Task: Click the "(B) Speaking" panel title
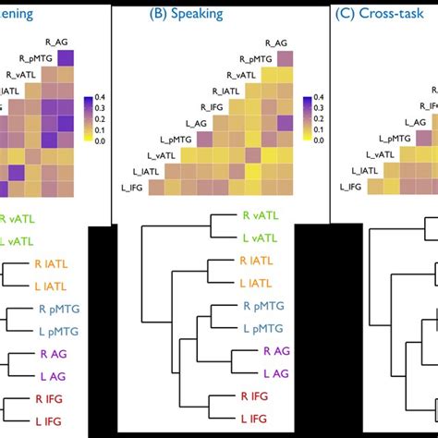[x=189, y=15]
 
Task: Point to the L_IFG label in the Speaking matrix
[x=135, y=187]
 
